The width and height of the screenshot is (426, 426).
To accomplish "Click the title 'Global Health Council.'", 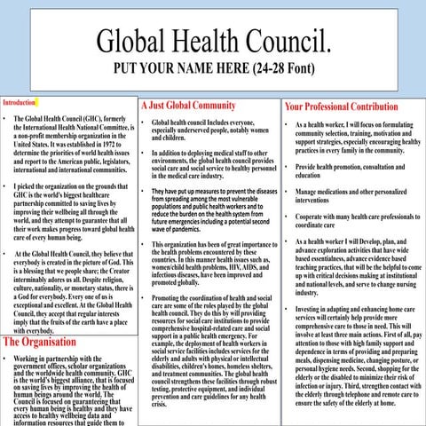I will tap(213, 40).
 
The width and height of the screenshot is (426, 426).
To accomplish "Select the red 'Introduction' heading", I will tap(19, 103).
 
